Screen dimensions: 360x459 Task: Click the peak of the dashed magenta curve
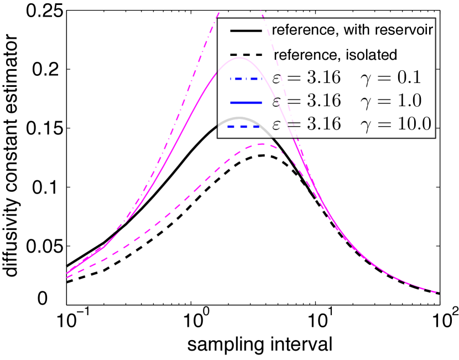[262, 144]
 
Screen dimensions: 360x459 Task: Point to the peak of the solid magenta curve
[236, 59]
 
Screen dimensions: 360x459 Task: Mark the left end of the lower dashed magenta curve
[67, 277]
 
